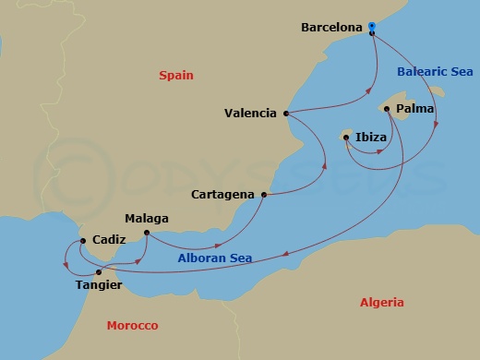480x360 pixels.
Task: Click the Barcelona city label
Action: (x=332, y=28)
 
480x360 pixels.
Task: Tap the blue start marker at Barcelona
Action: (x=371, y=26)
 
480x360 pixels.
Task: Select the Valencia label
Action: (x=250, y=114)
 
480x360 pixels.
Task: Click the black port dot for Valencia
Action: (x=286, y=114)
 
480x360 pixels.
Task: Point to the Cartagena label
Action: (x=223, y=196)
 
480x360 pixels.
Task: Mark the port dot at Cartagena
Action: (x=265, y=195)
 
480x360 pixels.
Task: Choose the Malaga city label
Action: (x=147, y=219)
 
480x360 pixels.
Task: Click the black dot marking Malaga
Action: (x=148, y=233)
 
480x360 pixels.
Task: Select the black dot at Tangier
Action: (x=99, y=272)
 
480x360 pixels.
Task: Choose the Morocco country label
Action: (x=132, y=326)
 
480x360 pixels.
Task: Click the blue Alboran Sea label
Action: (x=214, y=259)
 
